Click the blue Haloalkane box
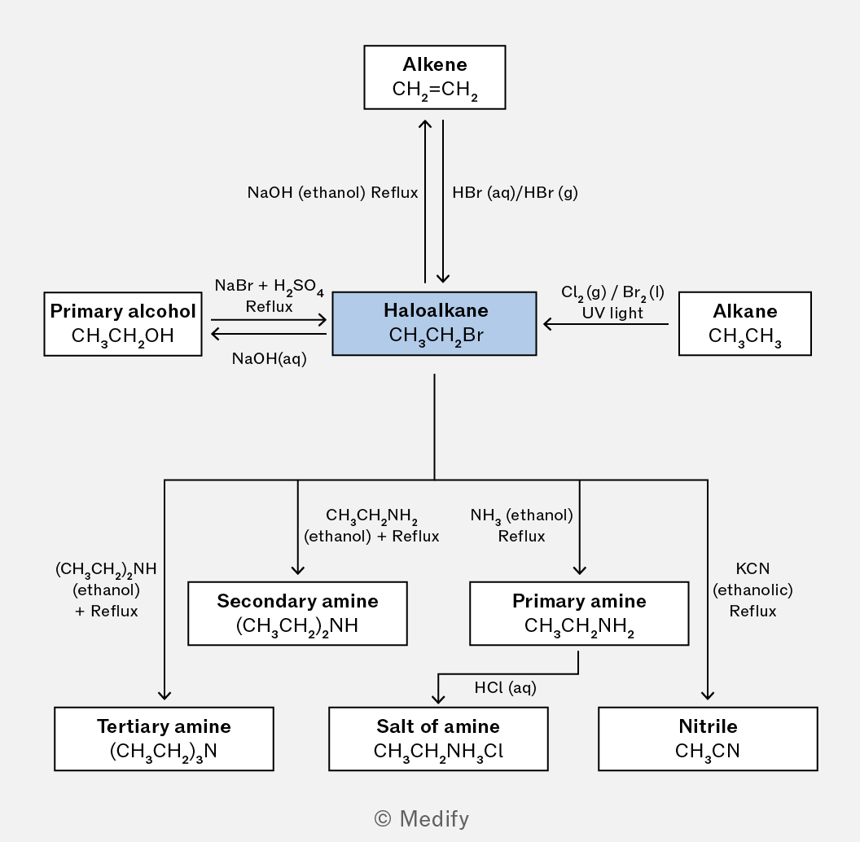pyautogui.click(x=434, y=323)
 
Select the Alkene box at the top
pyautogui.click(x=435, y=77)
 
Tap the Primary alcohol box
pyautogui.click(x=123, y=324)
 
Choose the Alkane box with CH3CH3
pyautogui.click(x=745, y=323)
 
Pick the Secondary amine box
pyautogui.click(x=298, y=613)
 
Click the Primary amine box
pyautogui.click(x=579, y=613)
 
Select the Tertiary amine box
pyautogui.click(x=164, y=739)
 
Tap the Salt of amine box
pyautogui.click(x=438, y=739)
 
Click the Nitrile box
pyautogui.click(x=708, y=739)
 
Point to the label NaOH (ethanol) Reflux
pyautogui.click(x=332, y=192)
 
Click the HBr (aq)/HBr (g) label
pyautogui.click(x=515, y=192)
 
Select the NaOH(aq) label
pyautogui.click(x=270, y=359)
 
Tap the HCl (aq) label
pyautogui.click(x=505, y=688)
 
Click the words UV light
pyautogui.click(x=612, y=313)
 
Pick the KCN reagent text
pyautogui.click(x=752, y=568)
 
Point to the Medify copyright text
pyautogui.click(x=421, y=819)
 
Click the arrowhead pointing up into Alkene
pyautogui.click(x=425, y=125)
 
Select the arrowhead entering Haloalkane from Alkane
pyautogui.click(x=547, y=324)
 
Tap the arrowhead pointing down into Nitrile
pyautogui.click(x=708, y=695)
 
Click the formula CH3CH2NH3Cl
pyautogui.click(x=438, y=751)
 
